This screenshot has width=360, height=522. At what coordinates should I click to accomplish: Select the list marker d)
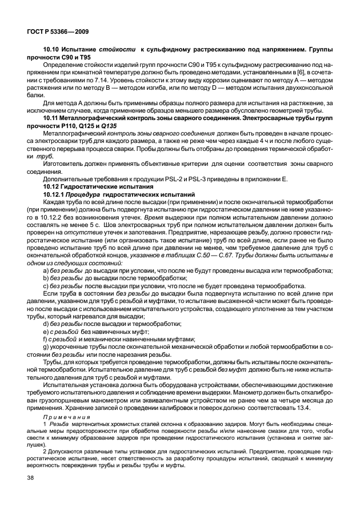(x=47, y=324)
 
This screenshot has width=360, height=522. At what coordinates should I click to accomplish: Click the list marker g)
(x=47, y=346)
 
